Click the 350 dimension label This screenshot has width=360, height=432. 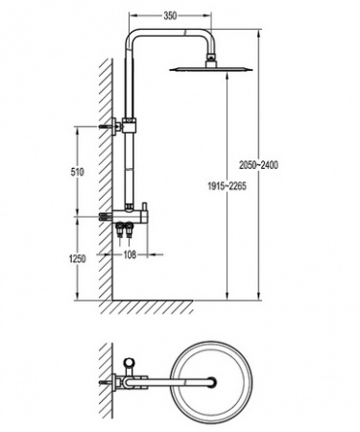pyautogui.click(x=170, y=15)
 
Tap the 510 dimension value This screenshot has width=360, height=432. pyautogui.click(x=77, y=172)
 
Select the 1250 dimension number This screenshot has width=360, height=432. pyautogui.click(x=77, y=258)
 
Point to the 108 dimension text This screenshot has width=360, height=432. pyautogui.click(x=130, y=254)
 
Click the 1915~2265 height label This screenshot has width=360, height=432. pyautogui.click(x=228, y=186)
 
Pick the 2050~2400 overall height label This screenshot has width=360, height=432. pyautogui.click(x=259, y=165)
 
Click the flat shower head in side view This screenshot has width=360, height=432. pyautogui.click(x=211, y=69)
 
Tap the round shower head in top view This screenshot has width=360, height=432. pyautogui.click(x=211, y=381)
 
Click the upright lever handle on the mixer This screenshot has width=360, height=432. pyautogui.click(x=145, y=208)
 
